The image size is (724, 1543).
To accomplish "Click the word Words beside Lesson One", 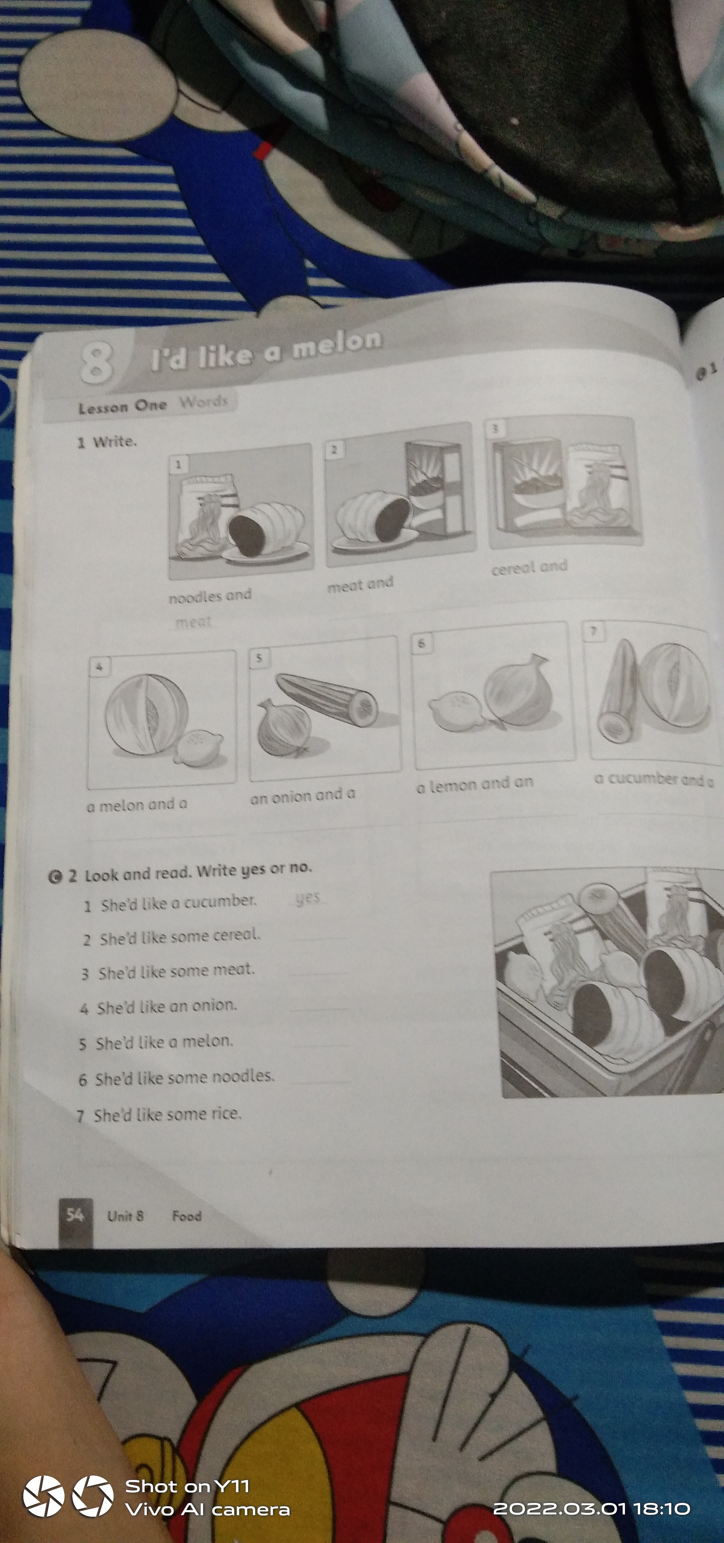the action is coord(204,401).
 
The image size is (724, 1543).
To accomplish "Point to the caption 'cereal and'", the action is coord(529,567).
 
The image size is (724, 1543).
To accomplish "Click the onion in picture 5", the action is coord(283,728).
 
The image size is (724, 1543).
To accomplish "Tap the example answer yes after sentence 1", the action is coord(308,898).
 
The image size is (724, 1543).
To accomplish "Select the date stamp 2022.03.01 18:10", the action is coord(592,1508).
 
